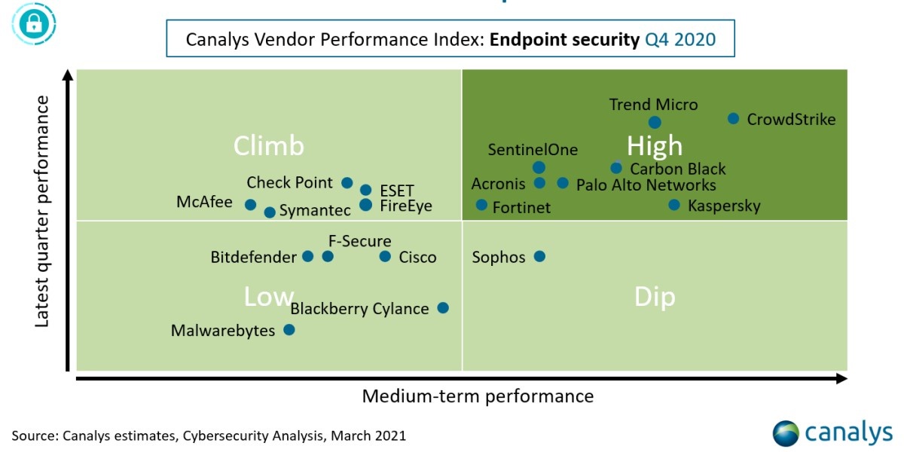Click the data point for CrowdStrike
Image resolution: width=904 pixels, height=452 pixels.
[x=733, y=118]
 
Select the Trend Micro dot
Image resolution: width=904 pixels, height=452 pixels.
[x=655, y=122]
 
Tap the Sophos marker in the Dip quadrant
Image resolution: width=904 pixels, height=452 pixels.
[x=539, y=256]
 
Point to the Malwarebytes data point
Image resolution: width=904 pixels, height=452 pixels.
[x=289, y=329]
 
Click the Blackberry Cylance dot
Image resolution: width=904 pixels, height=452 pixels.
[x=443, y=307]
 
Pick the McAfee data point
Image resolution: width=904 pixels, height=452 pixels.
[x=250, y=204]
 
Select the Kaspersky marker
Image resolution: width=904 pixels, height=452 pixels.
[x=674, y=204]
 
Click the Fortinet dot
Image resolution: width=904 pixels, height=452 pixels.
[x=481, y=205]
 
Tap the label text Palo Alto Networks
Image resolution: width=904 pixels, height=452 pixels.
[x=646, y=185]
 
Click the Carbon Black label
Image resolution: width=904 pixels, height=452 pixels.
[x=678, y=169]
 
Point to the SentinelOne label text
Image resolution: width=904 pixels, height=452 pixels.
[x=533, y=149]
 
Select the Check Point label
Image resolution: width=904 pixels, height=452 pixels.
[x=289, y=182]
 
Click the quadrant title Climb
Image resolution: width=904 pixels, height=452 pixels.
[x=268, y=145]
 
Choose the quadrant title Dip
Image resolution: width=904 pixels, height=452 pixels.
[x=655, y=297]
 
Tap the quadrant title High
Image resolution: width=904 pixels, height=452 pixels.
[x=655, y=145]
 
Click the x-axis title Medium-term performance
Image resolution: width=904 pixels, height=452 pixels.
[x=478, y=395]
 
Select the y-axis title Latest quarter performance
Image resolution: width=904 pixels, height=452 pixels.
[x=42, y=211]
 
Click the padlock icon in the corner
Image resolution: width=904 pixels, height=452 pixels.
[x=32, y=24]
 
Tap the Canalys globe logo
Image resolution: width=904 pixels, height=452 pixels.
[x=786, y=433]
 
